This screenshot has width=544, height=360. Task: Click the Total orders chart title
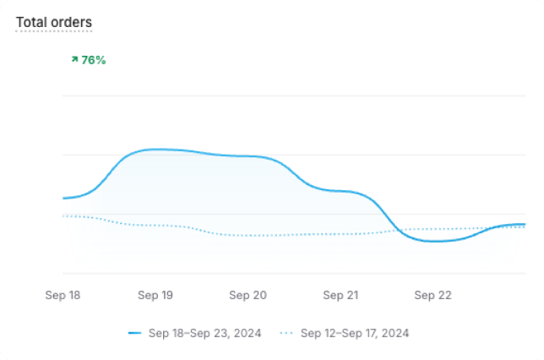(54, 22)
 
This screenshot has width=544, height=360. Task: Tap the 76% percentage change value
(93, 60)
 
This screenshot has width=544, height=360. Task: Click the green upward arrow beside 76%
(75, 60)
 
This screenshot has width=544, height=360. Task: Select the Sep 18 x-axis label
(63, 295)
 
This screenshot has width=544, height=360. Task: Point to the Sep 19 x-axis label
(155, 295)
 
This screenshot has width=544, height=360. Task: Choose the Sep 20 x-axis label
(248, 295)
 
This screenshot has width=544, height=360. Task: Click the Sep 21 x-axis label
(340, 295)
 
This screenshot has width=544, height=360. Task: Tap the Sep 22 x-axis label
(432, 295)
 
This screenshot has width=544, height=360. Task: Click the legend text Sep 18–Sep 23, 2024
(204, 333)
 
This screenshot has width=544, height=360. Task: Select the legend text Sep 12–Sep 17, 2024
(355, 333)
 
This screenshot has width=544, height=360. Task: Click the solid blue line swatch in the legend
(134, 333)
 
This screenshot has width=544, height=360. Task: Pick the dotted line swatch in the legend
(286, 333)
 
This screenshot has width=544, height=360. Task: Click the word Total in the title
(30, 22)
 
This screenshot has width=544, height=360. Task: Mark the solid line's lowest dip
(434, 242)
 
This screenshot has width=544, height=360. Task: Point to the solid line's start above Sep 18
(63, 199)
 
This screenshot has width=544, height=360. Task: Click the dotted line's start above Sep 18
(63, 215)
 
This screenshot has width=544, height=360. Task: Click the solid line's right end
(525, 224)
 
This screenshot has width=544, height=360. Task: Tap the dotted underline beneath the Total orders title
(54, 32)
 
